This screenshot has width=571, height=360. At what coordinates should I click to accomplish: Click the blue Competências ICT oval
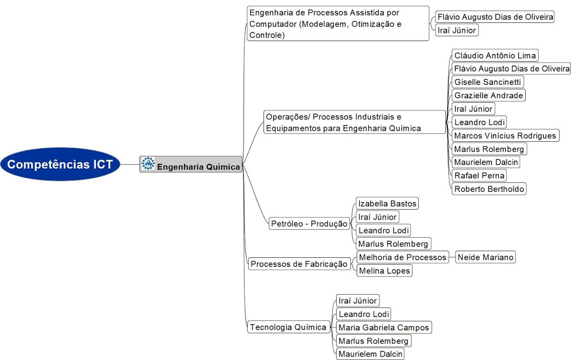click(60, 164)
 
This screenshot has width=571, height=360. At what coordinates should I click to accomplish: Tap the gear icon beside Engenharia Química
click(148, 163)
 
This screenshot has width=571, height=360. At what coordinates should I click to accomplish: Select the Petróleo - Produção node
click(309, 223)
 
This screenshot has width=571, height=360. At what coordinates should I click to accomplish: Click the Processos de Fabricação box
click(299, 264)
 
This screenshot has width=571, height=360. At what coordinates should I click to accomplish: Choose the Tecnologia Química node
click(288, 327)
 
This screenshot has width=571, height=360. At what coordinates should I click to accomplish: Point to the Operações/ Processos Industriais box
click(355, 122)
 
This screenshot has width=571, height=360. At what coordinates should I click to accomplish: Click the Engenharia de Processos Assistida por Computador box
click(338, 23)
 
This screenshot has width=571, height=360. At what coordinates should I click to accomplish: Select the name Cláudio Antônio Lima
click(495, 55)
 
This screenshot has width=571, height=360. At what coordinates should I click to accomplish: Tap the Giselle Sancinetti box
click(487, 82)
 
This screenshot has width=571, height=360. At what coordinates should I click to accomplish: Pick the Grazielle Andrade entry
click(488, 95)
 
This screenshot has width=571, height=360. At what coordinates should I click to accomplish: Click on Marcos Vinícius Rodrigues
click(505, 136)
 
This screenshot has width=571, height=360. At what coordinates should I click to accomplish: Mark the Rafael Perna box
click(479, 175)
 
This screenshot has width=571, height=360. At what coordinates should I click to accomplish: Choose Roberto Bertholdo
click(489, 189)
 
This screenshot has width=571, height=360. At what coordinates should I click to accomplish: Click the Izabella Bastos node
click(387, 203)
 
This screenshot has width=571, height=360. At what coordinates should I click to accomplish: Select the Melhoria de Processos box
click(402, 257)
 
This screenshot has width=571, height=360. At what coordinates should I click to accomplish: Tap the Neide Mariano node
click(486, 257)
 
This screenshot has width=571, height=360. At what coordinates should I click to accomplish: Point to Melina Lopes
click(384, 270)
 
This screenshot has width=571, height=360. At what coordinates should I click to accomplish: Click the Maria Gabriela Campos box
click(384, 327)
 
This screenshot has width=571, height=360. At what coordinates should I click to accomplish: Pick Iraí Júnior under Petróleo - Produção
click(377, 217)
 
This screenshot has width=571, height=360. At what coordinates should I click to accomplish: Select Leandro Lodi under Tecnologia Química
click(363, 314)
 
